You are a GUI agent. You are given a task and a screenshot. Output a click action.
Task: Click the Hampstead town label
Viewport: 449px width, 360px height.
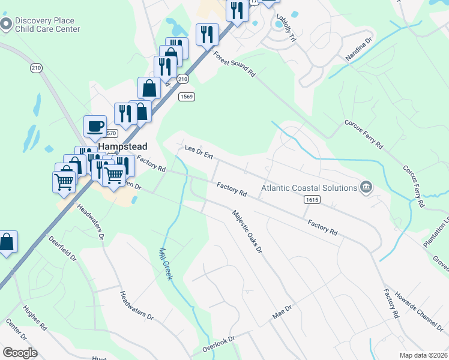coord(123,146)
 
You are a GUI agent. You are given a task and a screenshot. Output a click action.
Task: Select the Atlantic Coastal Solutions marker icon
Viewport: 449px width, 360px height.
coord(366,188)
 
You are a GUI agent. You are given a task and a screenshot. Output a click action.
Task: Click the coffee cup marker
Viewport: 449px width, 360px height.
coord(95,126)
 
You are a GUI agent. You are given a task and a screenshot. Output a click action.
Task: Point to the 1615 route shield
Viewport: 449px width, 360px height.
coord(311,199)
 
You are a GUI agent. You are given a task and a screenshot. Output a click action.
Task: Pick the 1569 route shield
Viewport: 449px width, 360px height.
coord(185,96)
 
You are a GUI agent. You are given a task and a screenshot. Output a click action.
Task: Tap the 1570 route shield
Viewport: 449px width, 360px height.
coord(110,133)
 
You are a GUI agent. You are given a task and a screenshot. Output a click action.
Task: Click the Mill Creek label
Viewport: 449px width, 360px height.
coord(166,264)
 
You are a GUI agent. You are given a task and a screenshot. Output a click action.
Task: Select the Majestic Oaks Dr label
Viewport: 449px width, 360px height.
coord(247,231)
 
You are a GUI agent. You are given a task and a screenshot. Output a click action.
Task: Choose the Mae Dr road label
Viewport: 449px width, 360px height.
coord(282,311)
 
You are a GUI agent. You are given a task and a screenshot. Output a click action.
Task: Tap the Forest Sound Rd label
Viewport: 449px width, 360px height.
coord(235,64)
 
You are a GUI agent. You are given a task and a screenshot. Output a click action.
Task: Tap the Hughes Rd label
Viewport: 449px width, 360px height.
coord(35,318)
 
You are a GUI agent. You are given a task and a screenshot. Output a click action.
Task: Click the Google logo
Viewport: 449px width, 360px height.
coord(20,352)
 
